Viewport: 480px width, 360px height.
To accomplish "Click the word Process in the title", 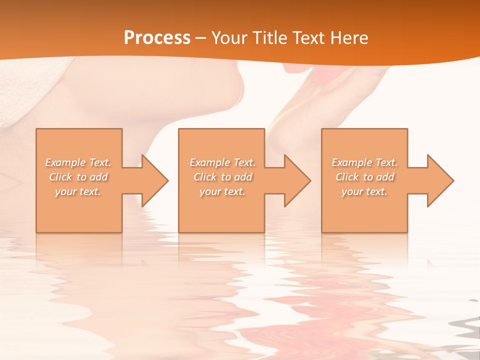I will (157, 38).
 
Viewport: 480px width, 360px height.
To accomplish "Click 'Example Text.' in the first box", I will (78, 162).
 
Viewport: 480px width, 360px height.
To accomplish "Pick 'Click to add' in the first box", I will (78, 177).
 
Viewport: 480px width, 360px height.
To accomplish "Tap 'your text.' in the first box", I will (78, 191).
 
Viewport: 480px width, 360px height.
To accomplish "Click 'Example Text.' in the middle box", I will (222, 162).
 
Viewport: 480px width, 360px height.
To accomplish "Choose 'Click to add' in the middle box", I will (222, 177).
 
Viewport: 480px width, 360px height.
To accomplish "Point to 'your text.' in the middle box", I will (222, 191).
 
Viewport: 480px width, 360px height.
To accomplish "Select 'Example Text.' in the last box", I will (364, 162).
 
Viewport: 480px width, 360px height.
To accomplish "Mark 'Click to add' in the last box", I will (364, 177).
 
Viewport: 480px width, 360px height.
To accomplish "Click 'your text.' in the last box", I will (364, 191).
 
